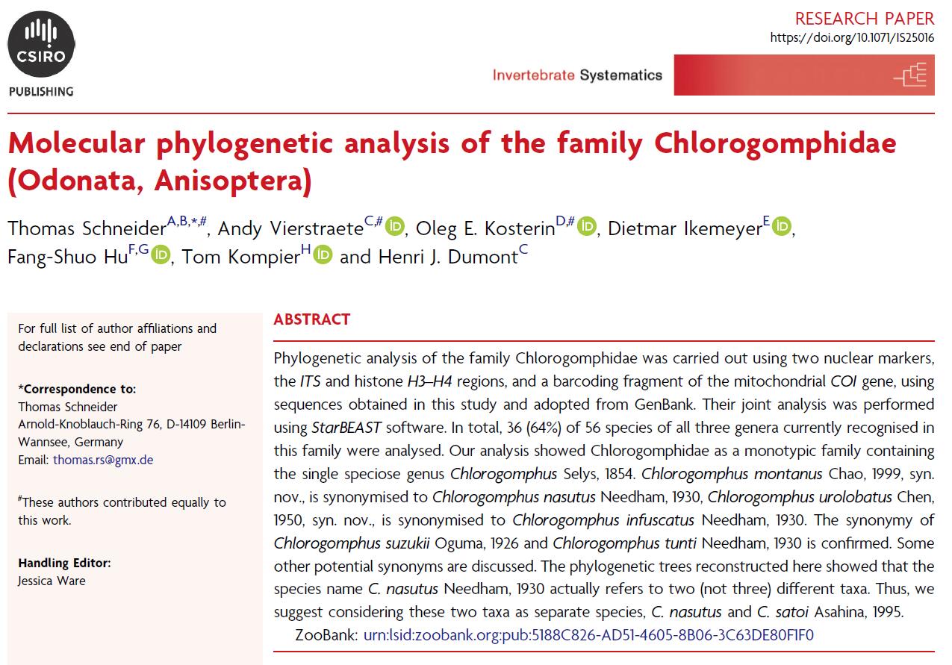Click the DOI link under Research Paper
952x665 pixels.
[x=851, y=37]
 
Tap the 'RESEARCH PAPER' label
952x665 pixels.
[x=865, y=18]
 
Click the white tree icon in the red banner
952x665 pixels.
[x=909, y=75]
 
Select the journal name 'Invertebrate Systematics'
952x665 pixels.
[x=577, y=75]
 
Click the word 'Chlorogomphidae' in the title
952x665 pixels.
[x=777, y=143]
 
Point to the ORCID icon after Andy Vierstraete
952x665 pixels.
[x=395, y=226]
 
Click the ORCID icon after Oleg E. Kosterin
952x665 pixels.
[x=588, y=226]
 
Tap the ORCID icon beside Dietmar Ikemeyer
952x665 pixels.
[x=782, y=226]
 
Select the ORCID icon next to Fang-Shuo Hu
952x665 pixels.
[x=161, y=255]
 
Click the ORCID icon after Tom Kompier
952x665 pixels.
[x=323, y=255]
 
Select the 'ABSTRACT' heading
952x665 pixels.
[x=311, y=319]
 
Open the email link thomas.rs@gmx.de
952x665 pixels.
[x=103, y=460]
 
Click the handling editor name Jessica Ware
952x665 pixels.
[x=52, y=581]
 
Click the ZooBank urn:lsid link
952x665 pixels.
[x=588, y=635]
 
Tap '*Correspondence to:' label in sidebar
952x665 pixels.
[x=77, y=389]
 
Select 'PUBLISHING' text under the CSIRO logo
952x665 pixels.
[x=41, y=92]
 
